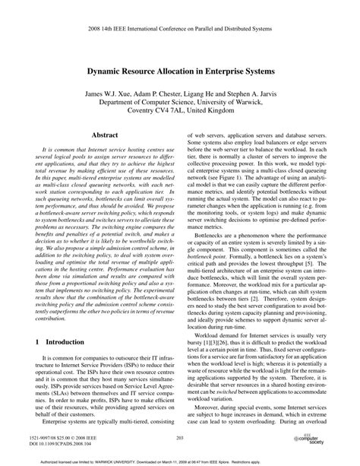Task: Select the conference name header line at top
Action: point(180,17)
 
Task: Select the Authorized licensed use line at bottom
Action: point(180,460)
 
